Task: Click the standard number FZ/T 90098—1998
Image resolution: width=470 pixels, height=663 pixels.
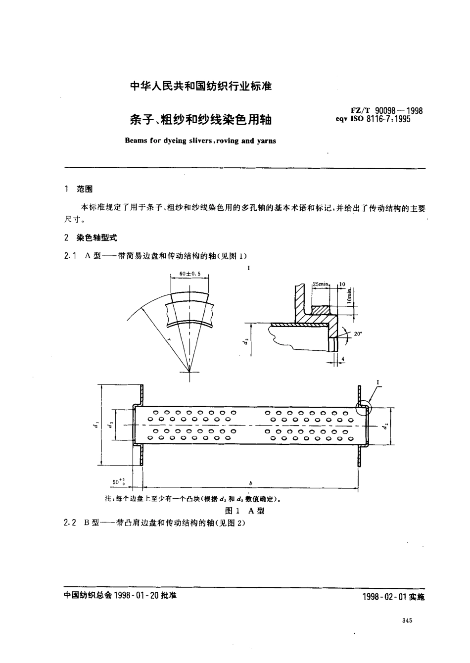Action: pos(380,110)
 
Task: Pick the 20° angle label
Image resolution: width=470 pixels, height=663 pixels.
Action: pos(358,334)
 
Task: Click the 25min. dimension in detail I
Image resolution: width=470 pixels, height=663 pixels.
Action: pos(321,284)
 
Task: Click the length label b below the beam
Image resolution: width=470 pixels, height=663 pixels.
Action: pos(251,482)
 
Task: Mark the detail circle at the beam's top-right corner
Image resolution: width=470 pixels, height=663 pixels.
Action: pos(363,407)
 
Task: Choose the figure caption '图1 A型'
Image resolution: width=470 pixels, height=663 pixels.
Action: pos(244,511)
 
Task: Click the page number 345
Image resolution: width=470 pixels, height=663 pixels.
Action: pos(408,621)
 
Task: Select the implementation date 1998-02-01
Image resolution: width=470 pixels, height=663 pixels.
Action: pos(393,597)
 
